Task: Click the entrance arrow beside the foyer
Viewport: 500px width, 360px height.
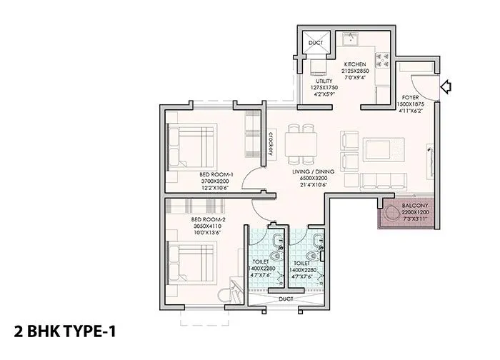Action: (448, 87)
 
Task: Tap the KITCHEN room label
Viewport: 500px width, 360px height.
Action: (354, 62)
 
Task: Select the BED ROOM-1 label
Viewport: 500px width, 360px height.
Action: (216, 174)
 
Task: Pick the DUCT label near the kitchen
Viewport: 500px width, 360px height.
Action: (316, 43)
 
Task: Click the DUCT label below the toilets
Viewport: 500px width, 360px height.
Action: (286, 299)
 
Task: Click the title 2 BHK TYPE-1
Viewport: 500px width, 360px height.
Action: (64, 331)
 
